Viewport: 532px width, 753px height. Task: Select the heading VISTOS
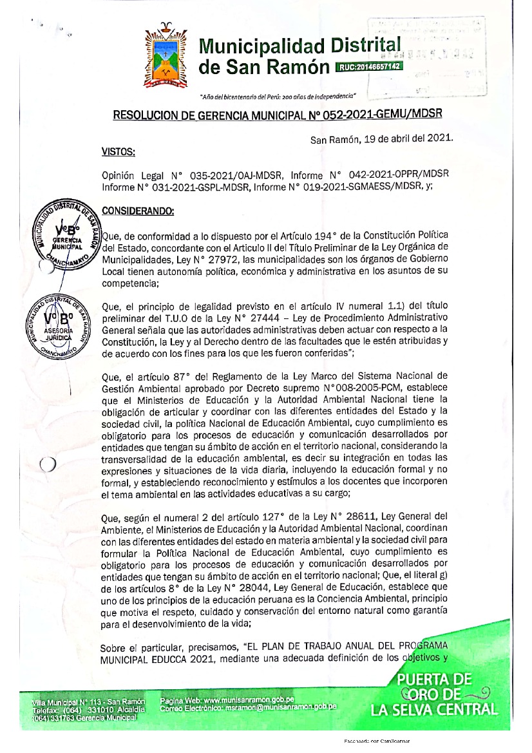pyautogui.click(x=119, y=152)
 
